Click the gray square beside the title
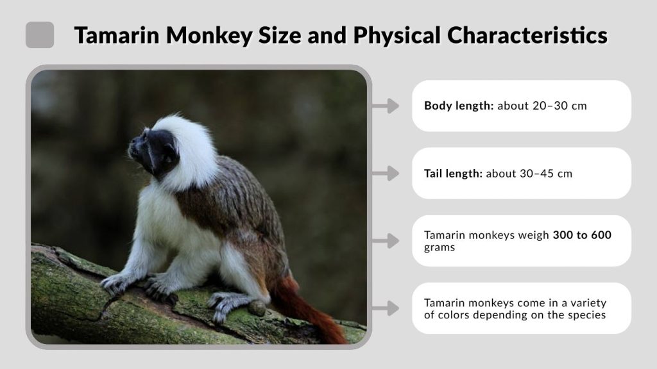coord(40,35)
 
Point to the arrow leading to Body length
coord(386,106)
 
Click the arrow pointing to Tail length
coord(386,173)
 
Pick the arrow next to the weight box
coord(386,241)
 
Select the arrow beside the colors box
coord(386,308)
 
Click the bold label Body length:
coord(459,106)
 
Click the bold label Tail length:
coord(453,173)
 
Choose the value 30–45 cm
coord(545,173)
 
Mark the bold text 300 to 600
coord(582,235)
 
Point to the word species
coord(583,315)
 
